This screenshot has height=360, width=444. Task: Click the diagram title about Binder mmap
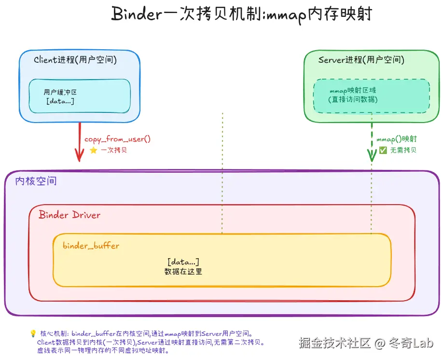coord(241,14)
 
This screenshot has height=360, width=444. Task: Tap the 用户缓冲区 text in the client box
coord(60,92)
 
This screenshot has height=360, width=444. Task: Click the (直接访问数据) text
coord(353,99)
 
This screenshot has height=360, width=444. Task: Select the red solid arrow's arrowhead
coord(78,156)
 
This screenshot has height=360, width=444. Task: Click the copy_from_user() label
coord(118,139)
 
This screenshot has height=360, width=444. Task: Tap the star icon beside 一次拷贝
coord(93,150)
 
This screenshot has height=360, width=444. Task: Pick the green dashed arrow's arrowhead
coord(372,155)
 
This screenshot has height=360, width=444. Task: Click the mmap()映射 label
coord(397,139)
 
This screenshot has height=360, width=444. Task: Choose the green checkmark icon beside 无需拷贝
coord(383,150)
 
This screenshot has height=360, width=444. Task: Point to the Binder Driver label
coord(69,215)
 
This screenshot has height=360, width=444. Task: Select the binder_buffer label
coord(91,246)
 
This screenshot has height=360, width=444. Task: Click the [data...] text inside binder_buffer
coord(183,262)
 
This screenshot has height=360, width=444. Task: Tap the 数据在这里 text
coord(183,272)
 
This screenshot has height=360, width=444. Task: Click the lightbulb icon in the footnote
coord(33,333)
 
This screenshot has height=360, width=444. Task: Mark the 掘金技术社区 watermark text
coord(334,343)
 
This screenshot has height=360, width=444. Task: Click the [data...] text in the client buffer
coord(60,101)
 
